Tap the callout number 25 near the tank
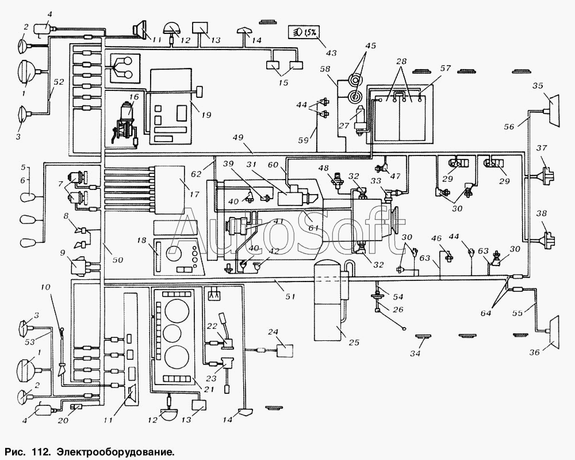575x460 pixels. coord(354,343)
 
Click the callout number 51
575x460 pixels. coord(290,296)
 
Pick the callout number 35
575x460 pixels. coord(538,86)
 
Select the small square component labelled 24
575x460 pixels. coord(284,351)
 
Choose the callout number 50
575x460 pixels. coord(118,261)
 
